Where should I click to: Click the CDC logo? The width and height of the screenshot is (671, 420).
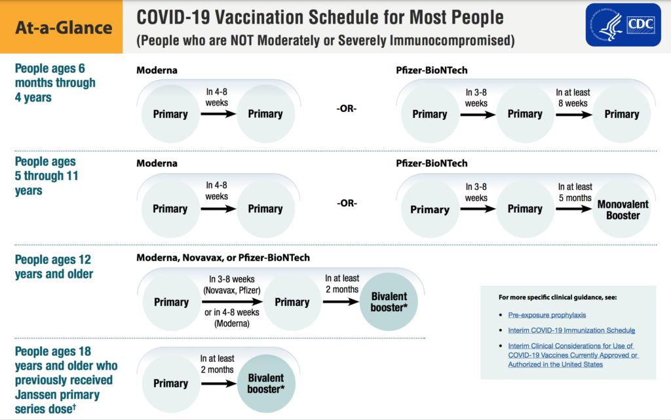click(624, 25)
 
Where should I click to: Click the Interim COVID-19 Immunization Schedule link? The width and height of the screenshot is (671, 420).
click(571, 330)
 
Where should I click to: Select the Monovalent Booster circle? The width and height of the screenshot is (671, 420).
click(622, 210)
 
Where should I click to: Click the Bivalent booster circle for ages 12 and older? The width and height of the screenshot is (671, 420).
click(389, 302)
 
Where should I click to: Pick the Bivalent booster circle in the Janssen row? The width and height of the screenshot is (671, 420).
click(265, 383)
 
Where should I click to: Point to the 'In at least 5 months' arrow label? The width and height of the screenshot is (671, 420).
click(575, 192)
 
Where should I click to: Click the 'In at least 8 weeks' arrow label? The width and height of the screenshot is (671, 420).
click(572, 98)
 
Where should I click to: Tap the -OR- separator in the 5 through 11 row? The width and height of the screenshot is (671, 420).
click(347, 203)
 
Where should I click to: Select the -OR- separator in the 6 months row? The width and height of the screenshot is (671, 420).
click(347, 108)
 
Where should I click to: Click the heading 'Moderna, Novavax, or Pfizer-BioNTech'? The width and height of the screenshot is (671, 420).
click(223, 258)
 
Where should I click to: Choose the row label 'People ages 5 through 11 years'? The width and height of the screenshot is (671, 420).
click(46, 176)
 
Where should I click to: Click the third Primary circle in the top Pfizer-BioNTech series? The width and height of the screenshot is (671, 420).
click(621, 114)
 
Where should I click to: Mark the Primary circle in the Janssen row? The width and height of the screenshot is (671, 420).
click(170, 383)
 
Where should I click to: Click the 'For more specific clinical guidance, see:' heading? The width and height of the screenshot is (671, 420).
click(558, 297)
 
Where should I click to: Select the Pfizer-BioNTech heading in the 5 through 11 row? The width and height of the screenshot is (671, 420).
click(432, 163)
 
